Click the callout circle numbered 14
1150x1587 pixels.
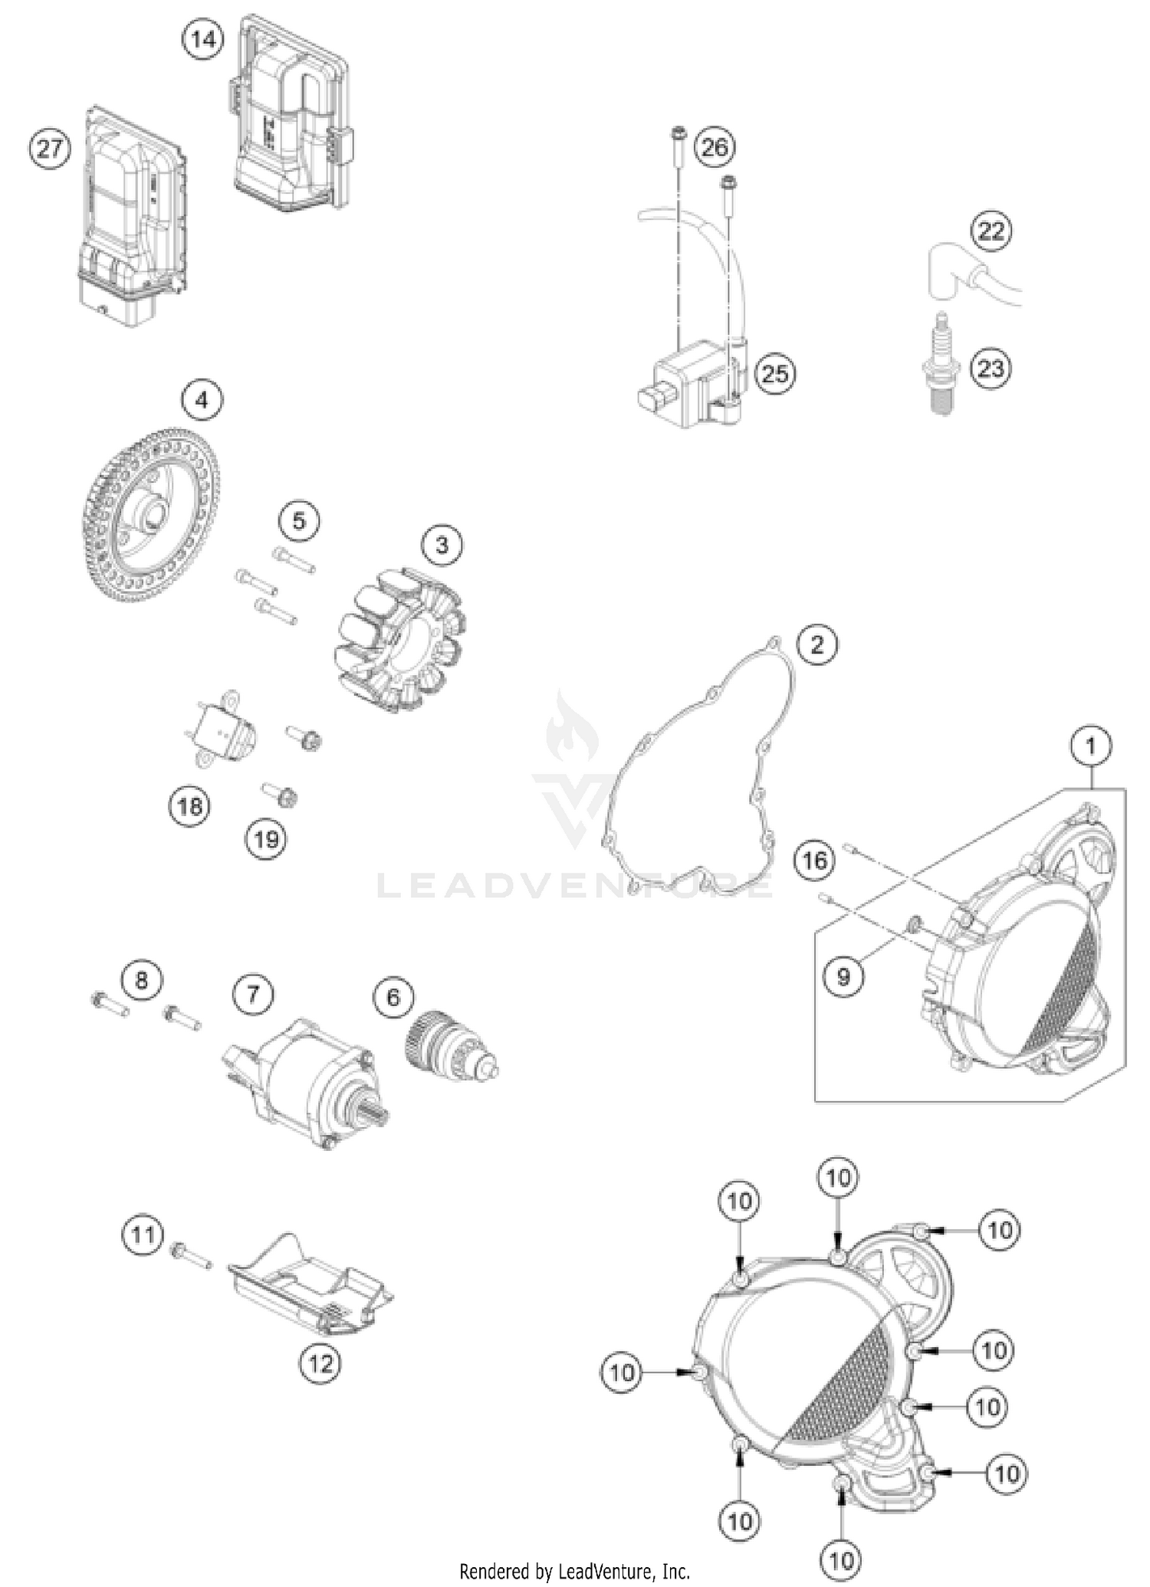pyautogui.click(x=203, y=38)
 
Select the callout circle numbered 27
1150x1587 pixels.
pyautogui.click(x=50, y=148)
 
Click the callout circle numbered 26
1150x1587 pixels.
pyautogui.click(x=715, y=146)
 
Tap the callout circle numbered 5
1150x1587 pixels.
pyautogui.click(x=298, y=521)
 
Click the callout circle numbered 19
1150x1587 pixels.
pyautogui.click(x=265, y=840)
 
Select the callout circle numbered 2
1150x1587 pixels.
pyautogui.click(x=816, y=644)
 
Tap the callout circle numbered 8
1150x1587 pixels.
pyautogui.click(x=141, y=979)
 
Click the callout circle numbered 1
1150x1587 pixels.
pyautogui.click(x=1092, y=745)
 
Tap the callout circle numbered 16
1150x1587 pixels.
pyautogui.click(x=814, y=860)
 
